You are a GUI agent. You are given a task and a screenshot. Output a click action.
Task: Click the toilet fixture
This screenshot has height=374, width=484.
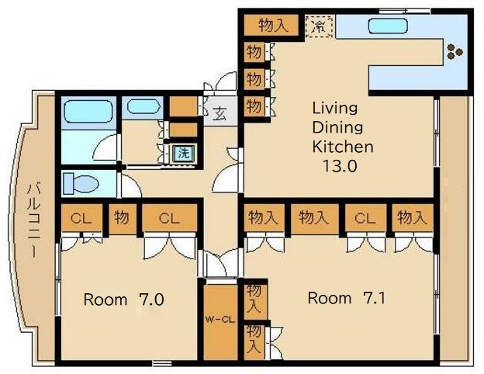(81, 183)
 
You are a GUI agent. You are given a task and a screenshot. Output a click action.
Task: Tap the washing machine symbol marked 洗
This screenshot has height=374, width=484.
(184, 153)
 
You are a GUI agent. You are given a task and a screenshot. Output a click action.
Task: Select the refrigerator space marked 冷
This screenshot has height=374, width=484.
(319, 26)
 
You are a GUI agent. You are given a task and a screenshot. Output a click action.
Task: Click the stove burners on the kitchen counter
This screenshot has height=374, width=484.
(455, 51)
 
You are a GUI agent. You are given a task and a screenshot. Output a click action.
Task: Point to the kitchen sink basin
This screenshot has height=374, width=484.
(388, 26)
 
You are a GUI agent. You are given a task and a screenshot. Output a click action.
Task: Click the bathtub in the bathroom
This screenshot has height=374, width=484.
(88, 112)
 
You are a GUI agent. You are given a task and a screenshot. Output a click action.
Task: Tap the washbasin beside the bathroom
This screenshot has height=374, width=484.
(143, 107)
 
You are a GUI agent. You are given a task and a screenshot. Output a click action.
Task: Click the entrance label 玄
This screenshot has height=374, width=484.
(220, 113)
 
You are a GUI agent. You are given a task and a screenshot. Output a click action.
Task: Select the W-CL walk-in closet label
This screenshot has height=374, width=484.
(220, 320)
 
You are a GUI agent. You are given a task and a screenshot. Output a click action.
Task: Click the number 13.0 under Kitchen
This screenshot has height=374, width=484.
(340, 166)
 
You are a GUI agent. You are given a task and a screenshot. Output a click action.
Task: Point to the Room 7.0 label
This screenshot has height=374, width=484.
(123, 300)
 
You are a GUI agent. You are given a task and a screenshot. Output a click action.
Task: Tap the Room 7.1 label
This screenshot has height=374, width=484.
(347, 298)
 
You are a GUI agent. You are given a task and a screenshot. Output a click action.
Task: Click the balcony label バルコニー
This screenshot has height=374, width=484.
(34, 220)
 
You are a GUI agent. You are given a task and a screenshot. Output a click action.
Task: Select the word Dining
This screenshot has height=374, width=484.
(337, 127)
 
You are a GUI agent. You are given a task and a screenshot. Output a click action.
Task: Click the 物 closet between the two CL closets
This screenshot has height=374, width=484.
(123, 218)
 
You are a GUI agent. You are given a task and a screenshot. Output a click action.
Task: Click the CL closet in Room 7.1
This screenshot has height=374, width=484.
(366, 218)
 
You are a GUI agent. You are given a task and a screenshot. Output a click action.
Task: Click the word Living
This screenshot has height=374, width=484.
(335, 109)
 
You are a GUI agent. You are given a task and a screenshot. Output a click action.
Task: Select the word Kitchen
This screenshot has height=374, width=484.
(343, 147)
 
